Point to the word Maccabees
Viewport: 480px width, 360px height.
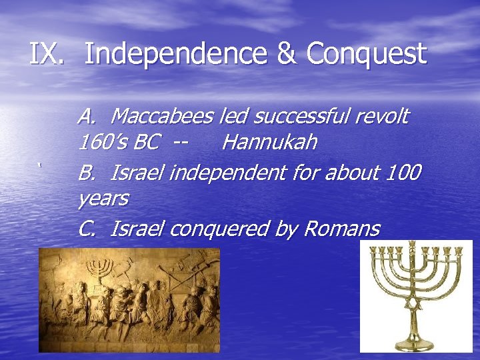click(x=164, y=117)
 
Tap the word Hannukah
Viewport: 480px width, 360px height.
click(x=269, y=143)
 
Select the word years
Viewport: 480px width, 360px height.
click(x=103, y=199)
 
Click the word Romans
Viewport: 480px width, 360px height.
click(x=342, y=229)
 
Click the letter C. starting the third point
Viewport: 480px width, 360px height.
click(x=87, y=229)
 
